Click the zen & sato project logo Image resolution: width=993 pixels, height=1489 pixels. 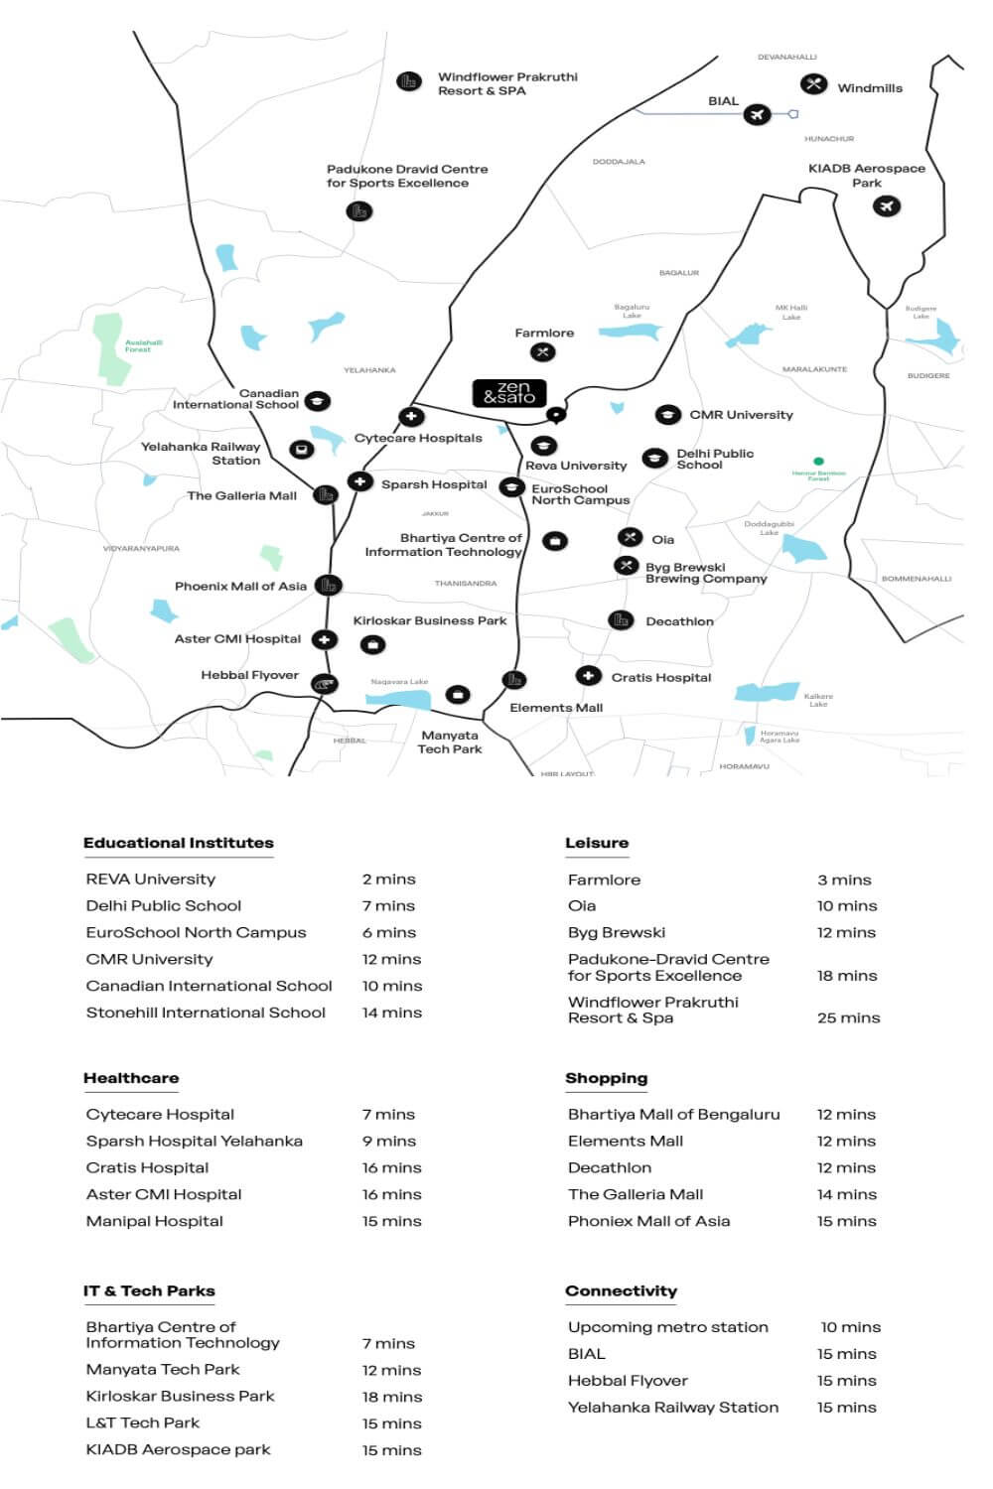[508, 393]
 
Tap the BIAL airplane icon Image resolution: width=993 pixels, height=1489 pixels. [757, 115]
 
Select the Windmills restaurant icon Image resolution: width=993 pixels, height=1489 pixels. [814, 85]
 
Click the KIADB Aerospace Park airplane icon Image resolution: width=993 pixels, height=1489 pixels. [886, 206]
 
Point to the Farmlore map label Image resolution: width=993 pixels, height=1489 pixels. [544, 334]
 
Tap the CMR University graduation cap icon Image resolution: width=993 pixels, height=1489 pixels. [667, 415]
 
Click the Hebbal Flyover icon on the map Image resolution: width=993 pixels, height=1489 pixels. [325, 684]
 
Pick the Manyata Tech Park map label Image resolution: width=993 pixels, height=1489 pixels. [450, 743]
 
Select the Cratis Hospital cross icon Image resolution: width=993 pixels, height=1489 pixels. [588, 676]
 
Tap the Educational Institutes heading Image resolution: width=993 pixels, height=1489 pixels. [179, 843]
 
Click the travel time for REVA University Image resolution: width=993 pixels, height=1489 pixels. [388, 880]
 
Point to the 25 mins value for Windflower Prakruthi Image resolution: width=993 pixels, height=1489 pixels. [848, 1017]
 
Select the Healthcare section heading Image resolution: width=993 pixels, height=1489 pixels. [131, 1078]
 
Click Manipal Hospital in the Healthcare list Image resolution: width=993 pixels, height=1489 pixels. [155, 1221]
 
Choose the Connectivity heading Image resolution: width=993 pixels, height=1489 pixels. [621, 1290]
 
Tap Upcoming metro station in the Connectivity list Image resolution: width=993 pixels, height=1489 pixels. [667, 1327]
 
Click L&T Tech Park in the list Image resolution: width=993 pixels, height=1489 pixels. [143, 1422]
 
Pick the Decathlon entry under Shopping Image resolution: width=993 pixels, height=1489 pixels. [610, 1167]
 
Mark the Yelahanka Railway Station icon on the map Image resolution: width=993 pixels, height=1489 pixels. [301, 450]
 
